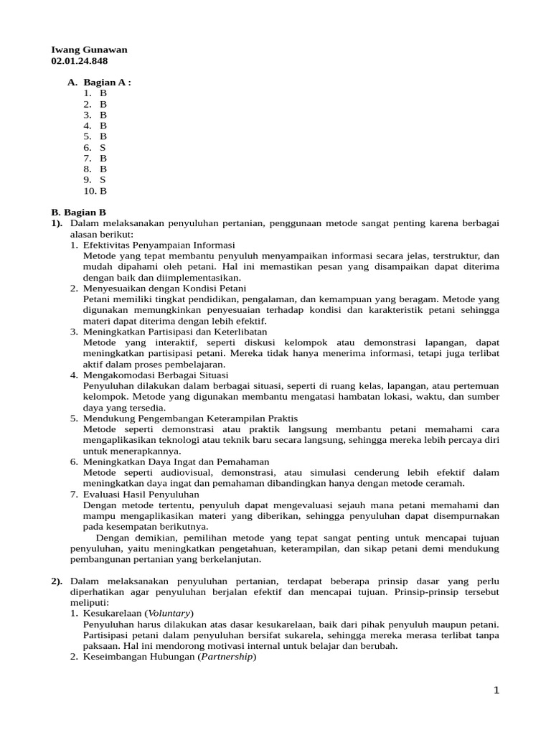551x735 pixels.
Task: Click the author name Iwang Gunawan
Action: pyautogui.click(x=89, y=50)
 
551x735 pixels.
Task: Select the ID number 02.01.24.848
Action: pyautogui.click(x=79, y=61)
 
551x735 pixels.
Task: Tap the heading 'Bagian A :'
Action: pyautogui.click(x=107, y=82)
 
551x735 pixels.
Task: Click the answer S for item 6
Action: pyautogui.click(x=103, y=147)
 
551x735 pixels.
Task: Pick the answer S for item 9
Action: pyautogui.click(x=103, y=179)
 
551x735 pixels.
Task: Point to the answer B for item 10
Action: pyautogui.click(x=103, y=191)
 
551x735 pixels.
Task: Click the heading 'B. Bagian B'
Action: pyautogui.click(x=79, y=212)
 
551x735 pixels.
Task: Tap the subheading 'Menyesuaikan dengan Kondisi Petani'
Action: pyautogui.click(x=154, y=288)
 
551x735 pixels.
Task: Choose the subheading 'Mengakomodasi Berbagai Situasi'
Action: pyautogui.click(x=156, y=375)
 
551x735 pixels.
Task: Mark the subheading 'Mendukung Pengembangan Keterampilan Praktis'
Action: pyautogui.click(x=190, y=418)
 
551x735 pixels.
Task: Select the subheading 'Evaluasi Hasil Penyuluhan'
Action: pyautogui.click(x=141, y=494)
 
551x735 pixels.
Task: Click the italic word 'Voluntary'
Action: pyautogui.click(x=169, y=613)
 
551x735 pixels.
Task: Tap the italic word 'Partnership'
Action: pyautogui.click(x=227, y=657)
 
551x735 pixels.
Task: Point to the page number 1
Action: pyautogui.click(x=496, y=690)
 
